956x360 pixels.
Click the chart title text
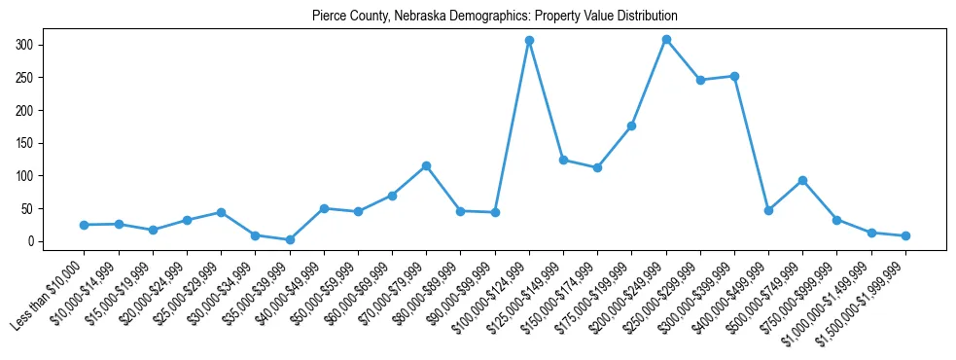point(495,17)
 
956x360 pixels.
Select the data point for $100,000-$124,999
point(529,41)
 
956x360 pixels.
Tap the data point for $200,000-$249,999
point(666,40)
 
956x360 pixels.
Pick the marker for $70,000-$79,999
point(426,166)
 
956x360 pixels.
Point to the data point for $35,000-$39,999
point(290,239)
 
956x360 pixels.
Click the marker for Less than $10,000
point(85,225)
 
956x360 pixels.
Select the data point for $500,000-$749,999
point(802,180)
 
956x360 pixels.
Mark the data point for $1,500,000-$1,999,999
point(905,235)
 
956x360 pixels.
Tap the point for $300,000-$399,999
point(734,76)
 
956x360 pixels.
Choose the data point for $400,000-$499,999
point(768,210)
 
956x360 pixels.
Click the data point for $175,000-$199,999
point(631,126)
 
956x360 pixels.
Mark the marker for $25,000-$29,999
point(221,212)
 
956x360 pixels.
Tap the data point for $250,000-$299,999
point(700,80)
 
